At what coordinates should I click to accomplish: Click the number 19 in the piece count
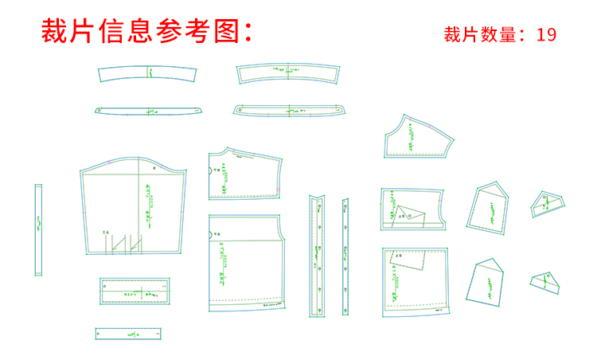pos(545,34)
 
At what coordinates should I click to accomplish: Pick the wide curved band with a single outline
pos(147,74)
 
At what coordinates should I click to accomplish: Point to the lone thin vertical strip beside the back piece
pos(37,229)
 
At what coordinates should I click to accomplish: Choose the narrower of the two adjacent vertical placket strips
pos(345,255)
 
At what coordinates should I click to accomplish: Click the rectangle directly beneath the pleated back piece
pos(135,292)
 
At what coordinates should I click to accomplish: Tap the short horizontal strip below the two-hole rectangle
pos(132,334)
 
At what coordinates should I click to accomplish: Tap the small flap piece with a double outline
pos(548,205)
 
